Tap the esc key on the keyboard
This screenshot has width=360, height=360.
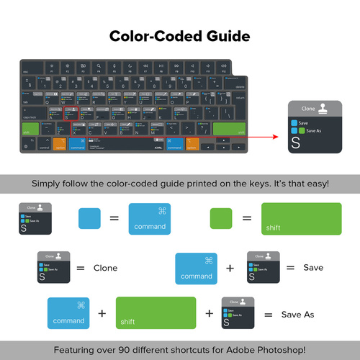click(x=26, y=69)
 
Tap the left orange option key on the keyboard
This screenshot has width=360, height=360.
click(x=59, y=144)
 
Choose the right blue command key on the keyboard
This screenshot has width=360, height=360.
click(x=174, y=144)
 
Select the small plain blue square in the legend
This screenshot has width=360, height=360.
click(x=89, y=218)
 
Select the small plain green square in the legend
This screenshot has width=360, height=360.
click(x=220, y=218)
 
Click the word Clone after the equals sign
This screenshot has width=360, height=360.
click(x=105, y=268)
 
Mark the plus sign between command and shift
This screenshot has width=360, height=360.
click(x=102, y=314)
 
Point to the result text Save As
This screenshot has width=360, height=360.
click(x=297, y=315)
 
